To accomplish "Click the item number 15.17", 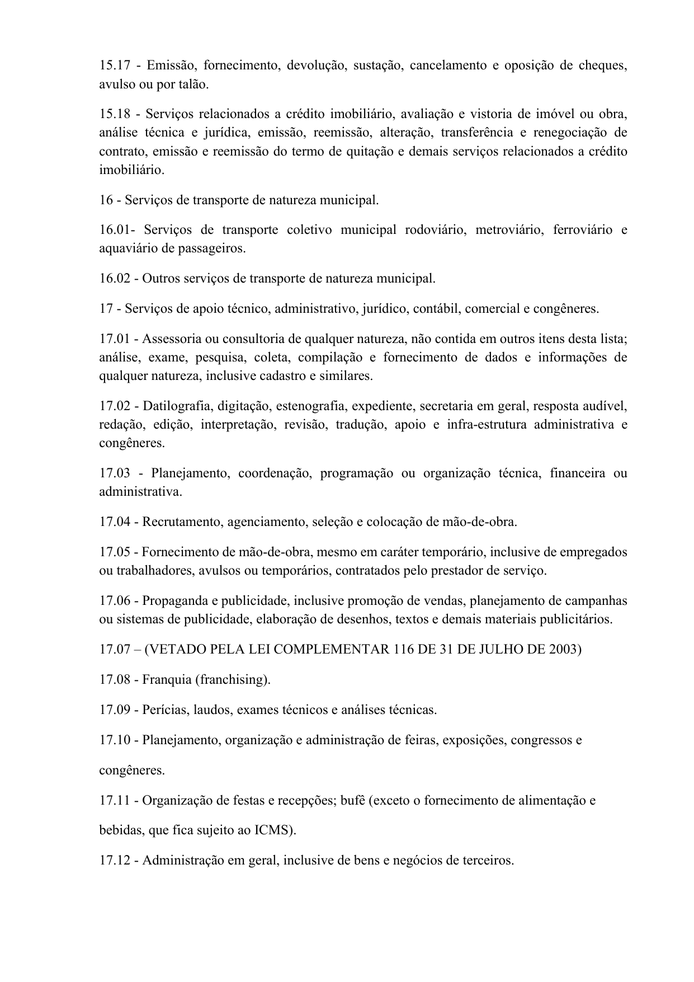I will click(x=114, y=65).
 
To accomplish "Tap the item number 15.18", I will click(x=114, y=114).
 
